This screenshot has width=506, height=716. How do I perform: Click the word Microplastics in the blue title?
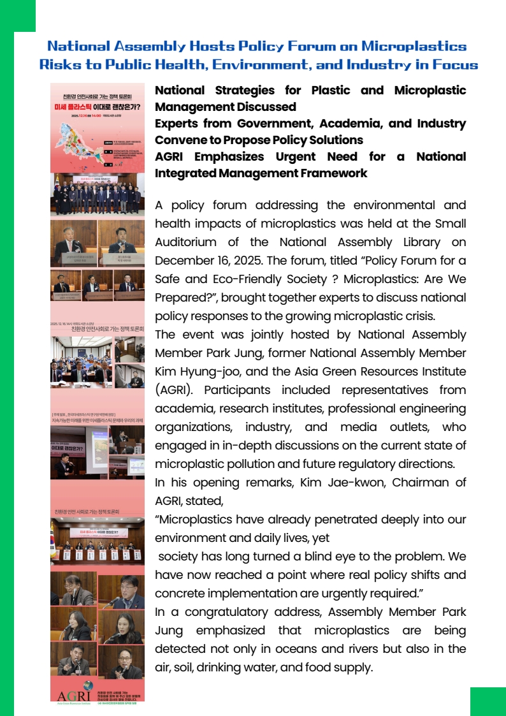click(x=414, y=46)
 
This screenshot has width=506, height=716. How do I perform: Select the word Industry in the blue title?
click(x=366, y=64)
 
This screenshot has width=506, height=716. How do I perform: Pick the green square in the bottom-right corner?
click(x=488, y=701)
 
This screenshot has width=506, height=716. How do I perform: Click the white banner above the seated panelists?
click(x=98, y=532)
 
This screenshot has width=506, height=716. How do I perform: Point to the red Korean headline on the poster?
click(x=98, y=106)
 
